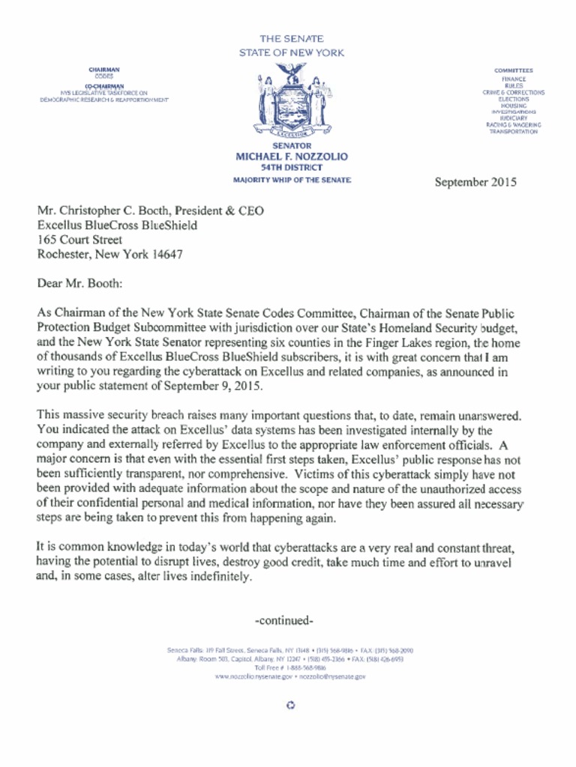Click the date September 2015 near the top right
pyautogui.click(x=475, y=182)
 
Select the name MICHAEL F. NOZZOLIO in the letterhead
pyautogui.click(x=292, y=157)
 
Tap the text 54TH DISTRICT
pyautogui.click(x=292, y=168)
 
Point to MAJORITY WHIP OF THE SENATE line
pyautogui.click(x=292, y=181)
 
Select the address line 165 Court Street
pyautogui.click(x=79, y=240)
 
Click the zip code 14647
pyautogui.click(x=166, y=254)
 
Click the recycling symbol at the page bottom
pyautogui.click(x=291, y=705)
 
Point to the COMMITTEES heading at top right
pyautogui.click(x=513, y=70)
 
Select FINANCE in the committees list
pyautogui.click(x=513, y=79)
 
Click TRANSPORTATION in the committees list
pyautogui.click(x=513, y=131)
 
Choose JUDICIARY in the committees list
pyautogui.click(x=513, y=118)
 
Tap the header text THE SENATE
pyautogui.click(x=292, y=37)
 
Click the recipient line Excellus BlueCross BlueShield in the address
pyautogui.click(x=117, y=225)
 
